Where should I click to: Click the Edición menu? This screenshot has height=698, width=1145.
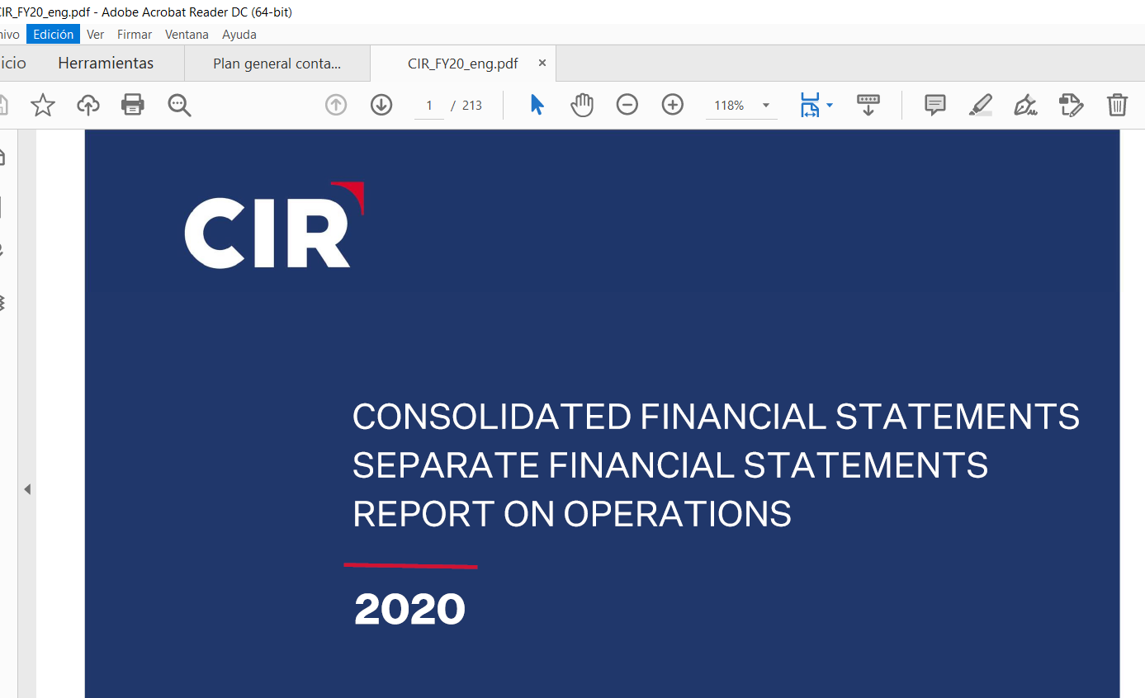53,34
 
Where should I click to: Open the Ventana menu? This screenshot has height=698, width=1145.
187,34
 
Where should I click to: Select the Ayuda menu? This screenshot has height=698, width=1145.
239,34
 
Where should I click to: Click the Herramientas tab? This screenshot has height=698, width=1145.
106,63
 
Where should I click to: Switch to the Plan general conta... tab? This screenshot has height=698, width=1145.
277,64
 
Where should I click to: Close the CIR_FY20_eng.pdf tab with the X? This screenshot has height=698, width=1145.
542,63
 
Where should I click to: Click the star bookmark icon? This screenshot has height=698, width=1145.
43,106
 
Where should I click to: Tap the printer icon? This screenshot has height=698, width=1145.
132,105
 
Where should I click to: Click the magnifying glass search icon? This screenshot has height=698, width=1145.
179,106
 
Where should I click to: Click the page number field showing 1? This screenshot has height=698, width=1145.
429,106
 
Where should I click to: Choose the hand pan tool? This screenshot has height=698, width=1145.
582,106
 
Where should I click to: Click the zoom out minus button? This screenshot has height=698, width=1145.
627,105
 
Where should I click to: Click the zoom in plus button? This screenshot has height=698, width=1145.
673,105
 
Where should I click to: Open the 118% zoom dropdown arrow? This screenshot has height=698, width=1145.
766,106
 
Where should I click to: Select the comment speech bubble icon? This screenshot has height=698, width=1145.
935,105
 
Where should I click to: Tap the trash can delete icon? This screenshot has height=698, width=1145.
1118,105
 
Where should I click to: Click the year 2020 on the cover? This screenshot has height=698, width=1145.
410,609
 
